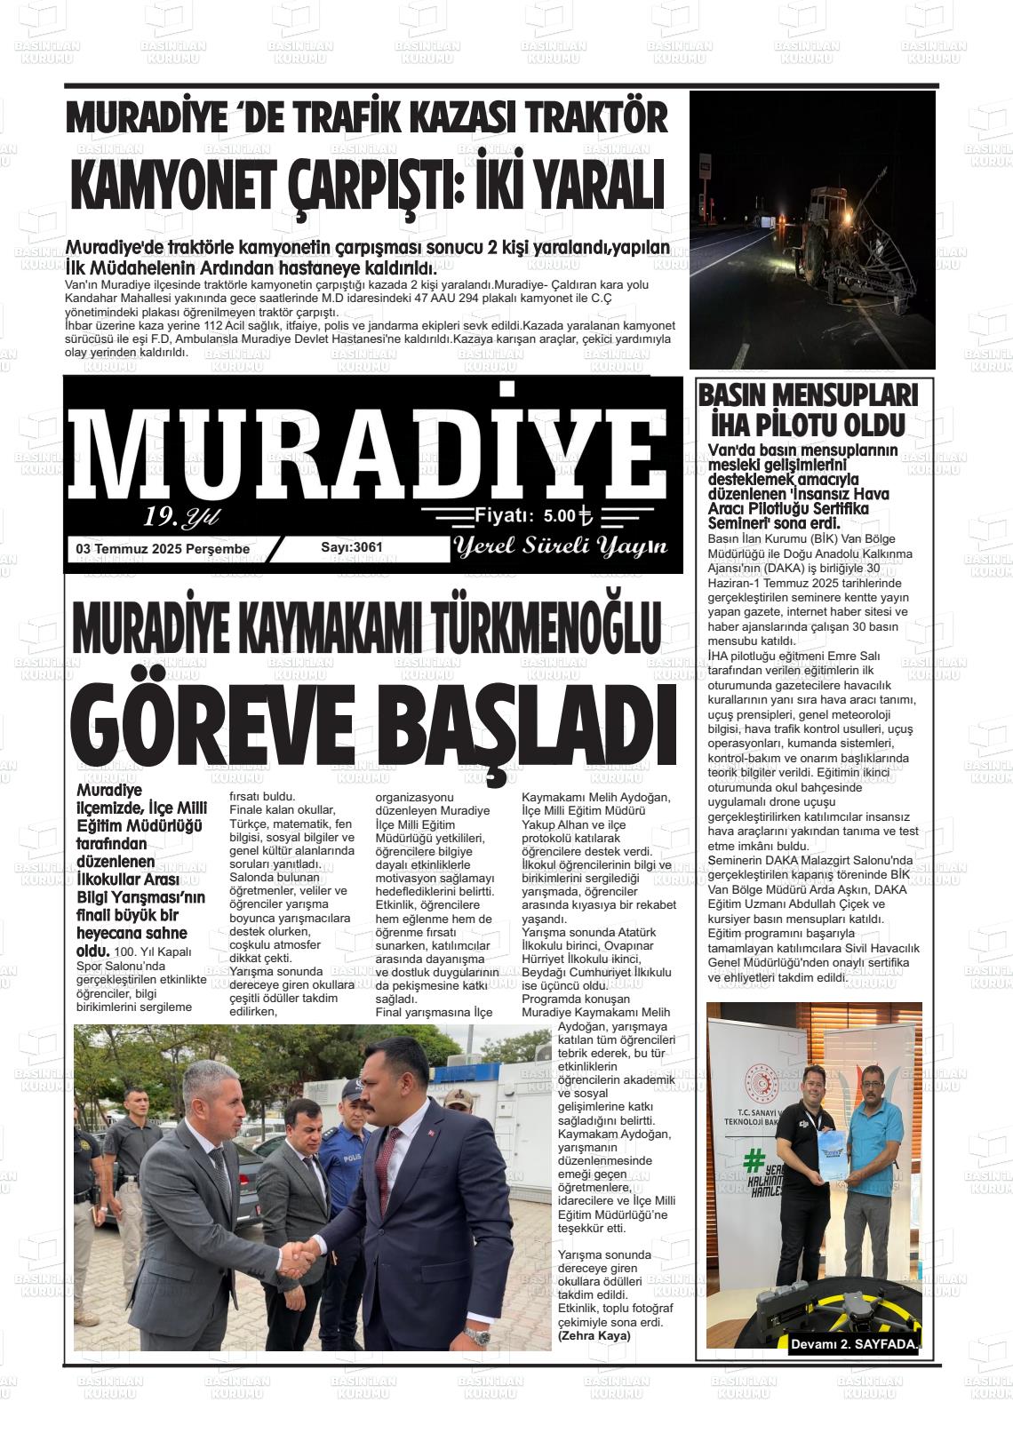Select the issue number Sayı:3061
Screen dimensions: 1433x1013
352,547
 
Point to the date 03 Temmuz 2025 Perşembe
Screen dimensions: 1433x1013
164,549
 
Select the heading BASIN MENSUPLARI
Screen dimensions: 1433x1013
807,394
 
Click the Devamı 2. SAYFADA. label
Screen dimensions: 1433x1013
854,1345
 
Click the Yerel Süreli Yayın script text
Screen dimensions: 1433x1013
561,546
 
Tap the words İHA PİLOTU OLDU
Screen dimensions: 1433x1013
807,424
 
